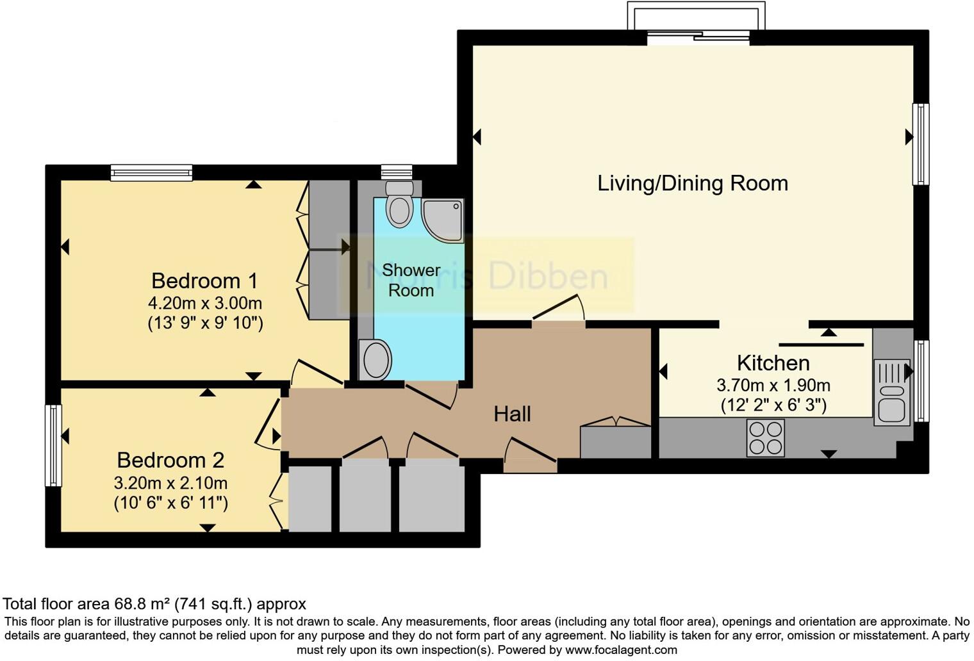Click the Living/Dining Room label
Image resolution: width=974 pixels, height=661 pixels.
tap(692, 183)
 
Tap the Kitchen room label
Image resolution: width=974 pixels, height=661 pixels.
tap(773, 363)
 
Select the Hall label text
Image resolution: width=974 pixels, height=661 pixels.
tap(512, 414)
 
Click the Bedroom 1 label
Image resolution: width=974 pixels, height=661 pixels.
tap(204, 281)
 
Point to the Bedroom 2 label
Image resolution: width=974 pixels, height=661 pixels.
tap(170, 460)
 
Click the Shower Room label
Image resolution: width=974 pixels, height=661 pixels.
tap(411, 280)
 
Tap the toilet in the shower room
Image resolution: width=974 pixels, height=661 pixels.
tap(400, 204)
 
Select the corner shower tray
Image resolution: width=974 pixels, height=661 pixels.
tap(444, 220)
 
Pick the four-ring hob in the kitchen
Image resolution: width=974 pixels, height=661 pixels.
tap(766, 438)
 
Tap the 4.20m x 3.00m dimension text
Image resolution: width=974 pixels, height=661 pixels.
tap(205, 303)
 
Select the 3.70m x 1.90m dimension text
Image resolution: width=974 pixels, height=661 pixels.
tap(773, 386)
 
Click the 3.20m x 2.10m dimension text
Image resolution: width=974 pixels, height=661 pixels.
tap(170, 483)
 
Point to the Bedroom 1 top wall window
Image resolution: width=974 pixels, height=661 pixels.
tap(151, 172)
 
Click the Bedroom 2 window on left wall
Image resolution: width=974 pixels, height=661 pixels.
tap(53, 445)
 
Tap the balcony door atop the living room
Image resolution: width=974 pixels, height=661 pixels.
tap(697, 37)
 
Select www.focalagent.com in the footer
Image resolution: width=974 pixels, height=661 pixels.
tap(621, 650)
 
